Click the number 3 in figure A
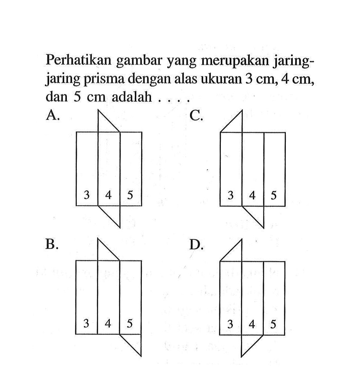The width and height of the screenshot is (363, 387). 87,194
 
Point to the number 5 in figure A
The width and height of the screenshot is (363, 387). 131,194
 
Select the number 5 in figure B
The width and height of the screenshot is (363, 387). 130,323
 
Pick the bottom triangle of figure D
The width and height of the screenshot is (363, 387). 248,343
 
